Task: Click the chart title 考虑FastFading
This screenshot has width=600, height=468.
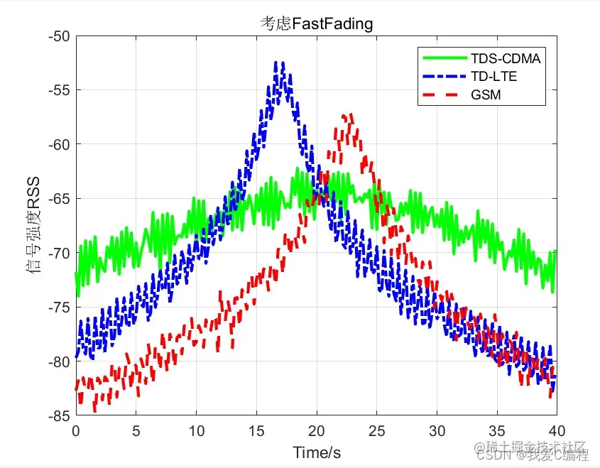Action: [x=315, y=24]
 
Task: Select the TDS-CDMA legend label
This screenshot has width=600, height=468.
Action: [x=506, y=58]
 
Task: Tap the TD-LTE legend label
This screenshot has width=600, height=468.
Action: [x=493, y=76]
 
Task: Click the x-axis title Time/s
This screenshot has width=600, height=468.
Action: [x=316, y=452]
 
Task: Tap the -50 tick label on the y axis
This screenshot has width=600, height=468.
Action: [x=60, y=36]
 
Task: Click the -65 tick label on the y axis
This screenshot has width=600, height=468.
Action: [x=60, y=199]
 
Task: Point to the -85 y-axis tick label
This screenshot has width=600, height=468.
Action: [x=60, y=415]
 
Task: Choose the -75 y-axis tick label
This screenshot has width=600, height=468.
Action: [x=60, y=308]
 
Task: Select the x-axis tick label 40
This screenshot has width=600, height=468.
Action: [x=557, y=431]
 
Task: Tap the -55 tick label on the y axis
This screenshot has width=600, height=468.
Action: [x=60, y=90]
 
